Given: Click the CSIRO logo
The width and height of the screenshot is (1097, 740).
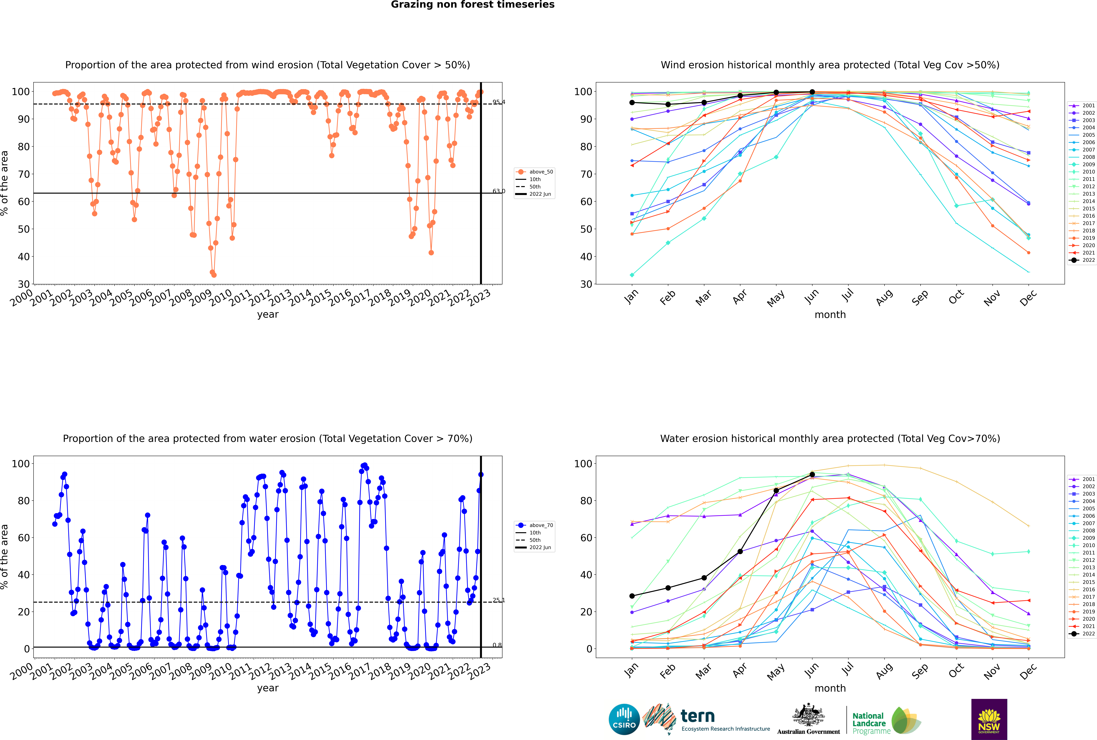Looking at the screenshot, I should click(624, 719).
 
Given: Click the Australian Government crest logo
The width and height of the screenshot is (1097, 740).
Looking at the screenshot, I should click(808, 719).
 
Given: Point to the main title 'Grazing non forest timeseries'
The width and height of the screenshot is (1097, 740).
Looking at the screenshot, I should click(473, 5).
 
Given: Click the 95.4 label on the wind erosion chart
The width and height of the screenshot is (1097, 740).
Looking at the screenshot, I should click(498, 102).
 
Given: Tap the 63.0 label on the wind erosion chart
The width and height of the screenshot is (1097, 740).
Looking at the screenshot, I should click(498, 191).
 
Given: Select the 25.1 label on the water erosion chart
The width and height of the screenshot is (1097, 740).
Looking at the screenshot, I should click(498, 600).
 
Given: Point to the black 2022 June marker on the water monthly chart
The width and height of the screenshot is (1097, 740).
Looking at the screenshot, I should click(812, 474).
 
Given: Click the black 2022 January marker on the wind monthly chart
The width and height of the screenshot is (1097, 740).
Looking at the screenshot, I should click(632, 102).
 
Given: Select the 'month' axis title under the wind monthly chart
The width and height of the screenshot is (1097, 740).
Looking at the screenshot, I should click(830, 315).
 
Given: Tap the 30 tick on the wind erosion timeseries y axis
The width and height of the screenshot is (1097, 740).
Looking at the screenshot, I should click(24, 284).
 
